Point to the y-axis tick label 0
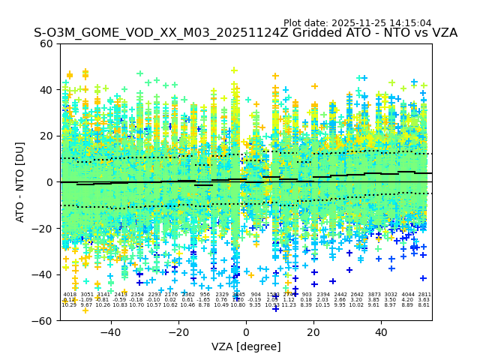(x=51, y=182)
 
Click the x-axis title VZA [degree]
(x=246, y=346)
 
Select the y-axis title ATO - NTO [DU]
(x=21, y=182)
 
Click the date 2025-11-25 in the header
(x=358, y=23)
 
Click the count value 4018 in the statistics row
(x=70, y=295)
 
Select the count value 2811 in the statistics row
(x=424, y=295)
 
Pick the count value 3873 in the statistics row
(x=374, y=295)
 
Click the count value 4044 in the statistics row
(x=408, y=295)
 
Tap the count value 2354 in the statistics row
(x=137, y=295)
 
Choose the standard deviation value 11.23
(x=289, y=305)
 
